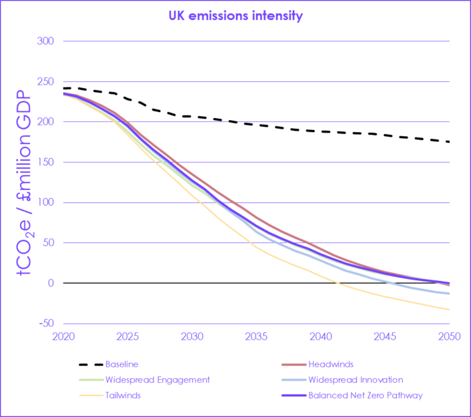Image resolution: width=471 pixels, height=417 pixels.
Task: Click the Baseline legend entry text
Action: tap(123, 364)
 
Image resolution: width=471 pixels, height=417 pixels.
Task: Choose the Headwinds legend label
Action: tap(331, 364)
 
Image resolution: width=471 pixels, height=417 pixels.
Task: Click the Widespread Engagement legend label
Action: tap(157, 380)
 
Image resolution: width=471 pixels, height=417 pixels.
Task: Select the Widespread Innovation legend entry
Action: tap(356, 380)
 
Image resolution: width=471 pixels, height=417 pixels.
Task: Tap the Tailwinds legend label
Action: tap(123, 395)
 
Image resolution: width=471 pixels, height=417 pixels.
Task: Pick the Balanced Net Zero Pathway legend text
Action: tap(366, 395)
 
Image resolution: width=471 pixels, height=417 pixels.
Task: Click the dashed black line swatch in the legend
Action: tap(89, 364)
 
